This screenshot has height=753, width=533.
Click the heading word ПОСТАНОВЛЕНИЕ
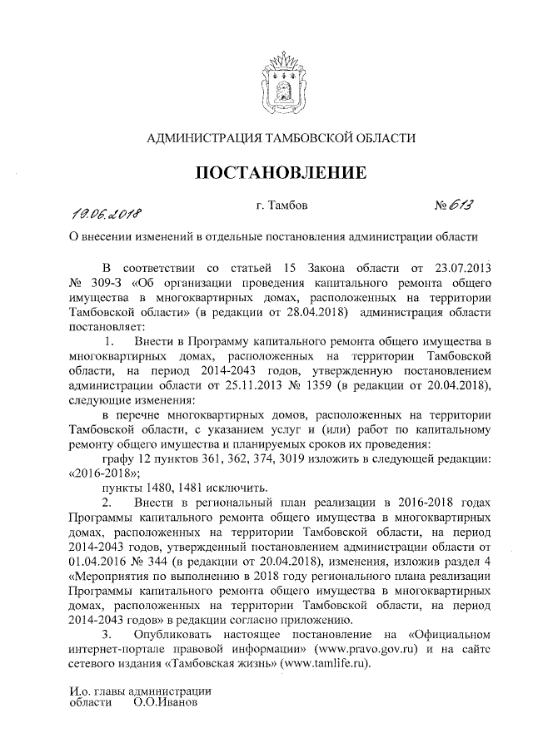click(281, 173)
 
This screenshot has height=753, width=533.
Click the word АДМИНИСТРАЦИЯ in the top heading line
click(199, 138)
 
